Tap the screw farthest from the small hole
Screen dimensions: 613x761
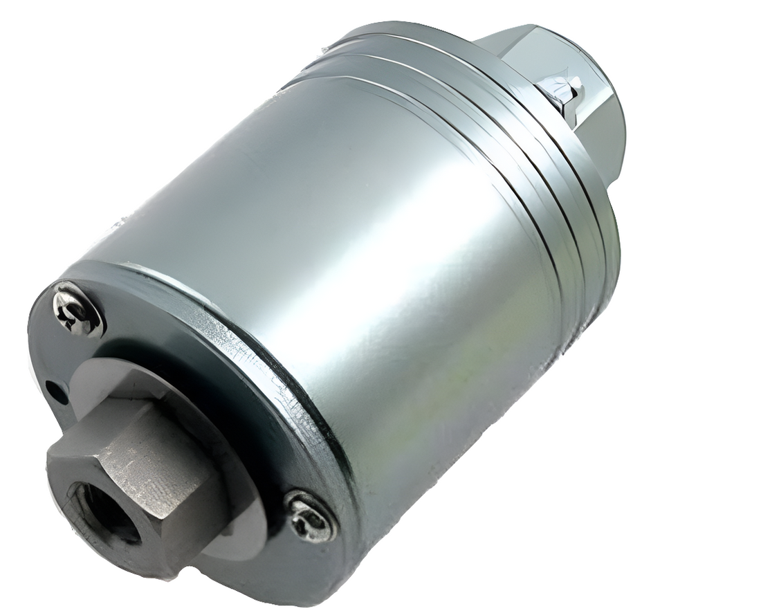click(x=311, y=516)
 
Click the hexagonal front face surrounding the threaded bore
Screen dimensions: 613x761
click(x=104, y=505)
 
